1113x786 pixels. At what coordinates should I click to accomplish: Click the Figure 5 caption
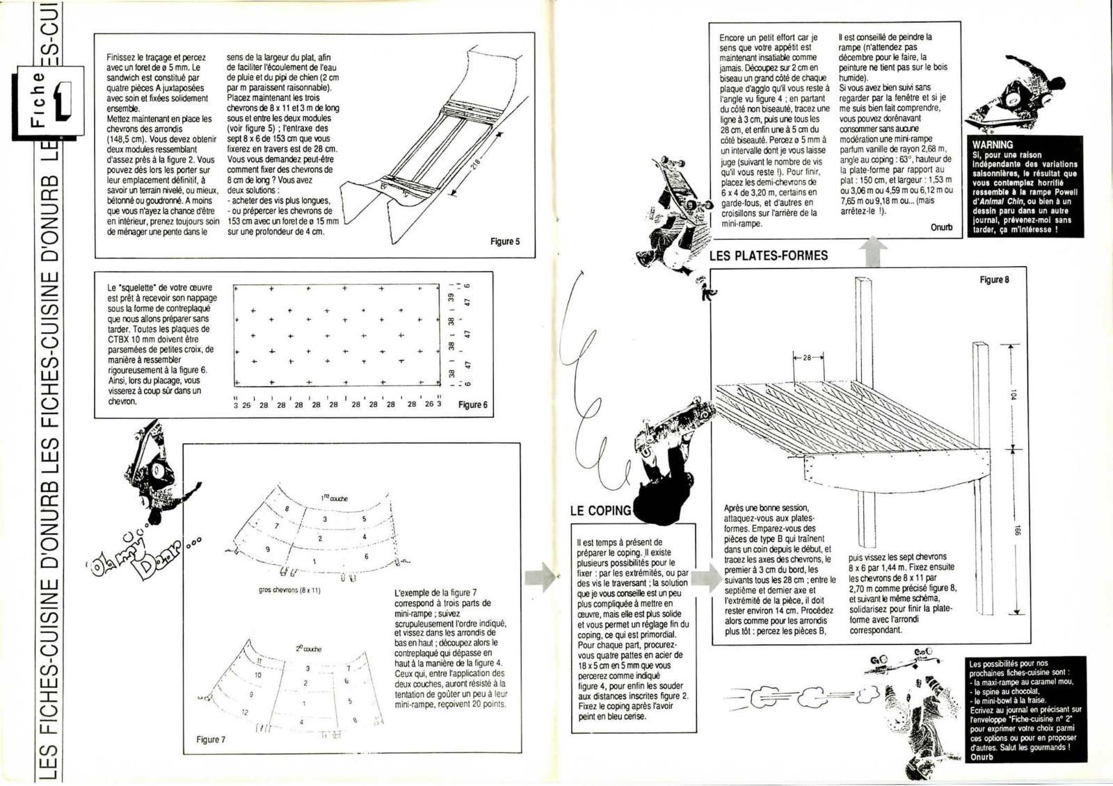pos(505,242)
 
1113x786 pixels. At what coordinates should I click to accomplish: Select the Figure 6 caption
pos(473,404)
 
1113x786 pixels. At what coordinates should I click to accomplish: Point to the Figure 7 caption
pos(211,739)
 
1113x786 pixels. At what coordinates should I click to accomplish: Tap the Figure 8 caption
pos(994,279)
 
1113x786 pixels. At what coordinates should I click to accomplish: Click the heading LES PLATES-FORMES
pos(768,256)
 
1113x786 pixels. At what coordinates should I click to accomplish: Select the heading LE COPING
pos(600,511)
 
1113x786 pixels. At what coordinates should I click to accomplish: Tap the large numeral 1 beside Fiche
pos(63,104)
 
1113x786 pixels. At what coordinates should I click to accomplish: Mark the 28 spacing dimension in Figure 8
pos(807,357)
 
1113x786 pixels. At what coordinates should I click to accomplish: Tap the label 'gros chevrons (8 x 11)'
pos(289,591)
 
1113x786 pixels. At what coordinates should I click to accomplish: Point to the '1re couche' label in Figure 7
pos(335,498)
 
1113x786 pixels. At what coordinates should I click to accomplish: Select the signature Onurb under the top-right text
pos(941,227)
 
